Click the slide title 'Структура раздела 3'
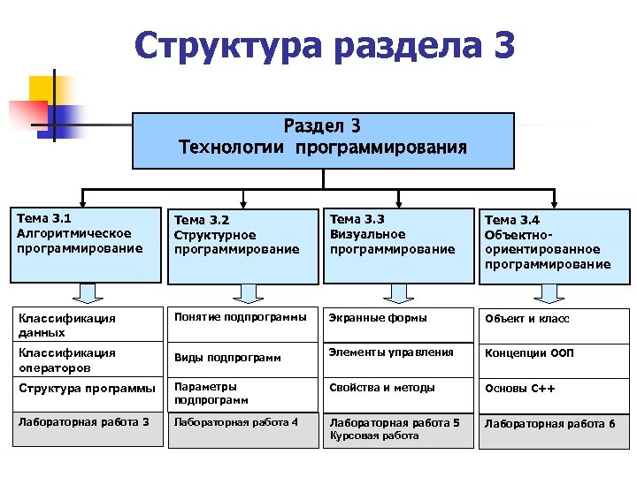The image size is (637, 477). tap(324, 46)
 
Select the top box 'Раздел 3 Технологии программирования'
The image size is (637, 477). tap(323, 140)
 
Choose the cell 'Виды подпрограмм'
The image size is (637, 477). tap(242, 358)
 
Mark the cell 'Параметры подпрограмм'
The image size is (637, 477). tap(242, 393)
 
